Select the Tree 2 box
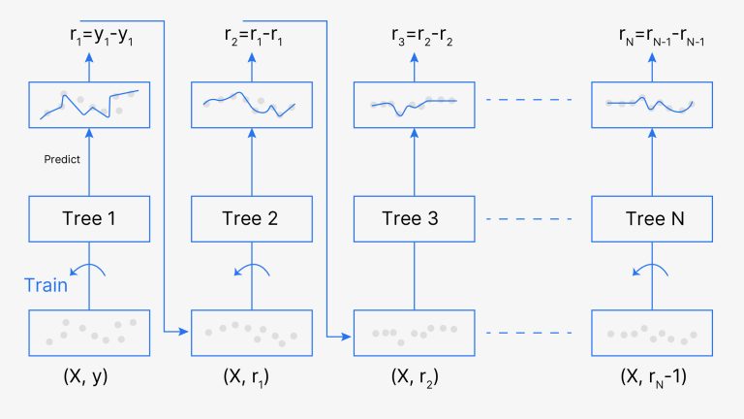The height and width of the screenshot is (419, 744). (x=250, y=218)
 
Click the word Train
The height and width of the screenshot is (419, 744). (x=46, y=286)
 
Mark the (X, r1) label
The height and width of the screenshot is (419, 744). (x=250, y=376)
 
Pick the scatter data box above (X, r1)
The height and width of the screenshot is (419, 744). (x=250, y=333)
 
